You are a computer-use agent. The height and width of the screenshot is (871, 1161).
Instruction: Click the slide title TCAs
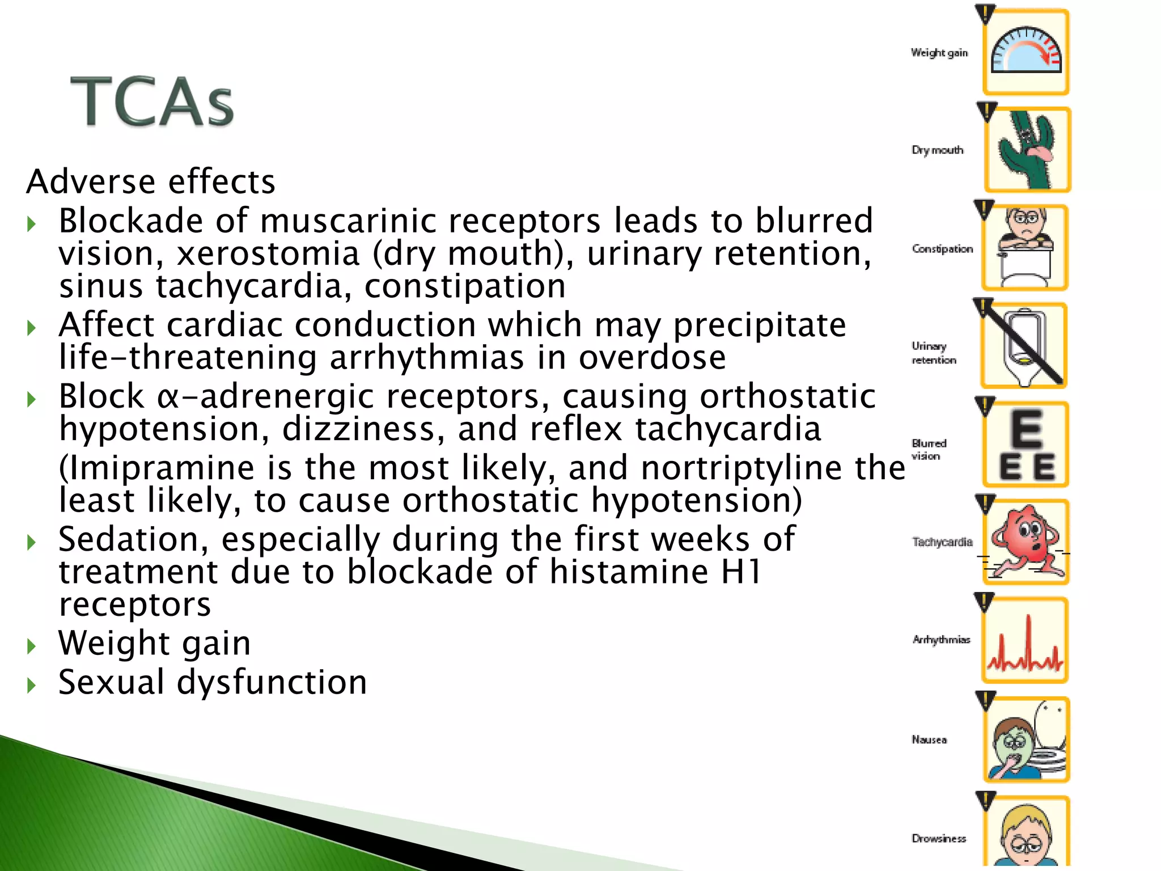click(x=152, y=102)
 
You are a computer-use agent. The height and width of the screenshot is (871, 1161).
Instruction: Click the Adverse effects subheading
click(x=151, y=182)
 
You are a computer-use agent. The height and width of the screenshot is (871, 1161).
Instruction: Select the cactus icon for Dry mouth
click(x=1027, y=150)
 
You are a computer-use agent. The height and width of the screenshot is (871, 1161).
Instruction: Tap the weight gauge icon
click(x=1026, y=52)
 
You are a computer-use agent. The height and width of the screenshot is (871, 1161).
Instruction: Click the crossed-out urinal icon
click(x=1024, y=346)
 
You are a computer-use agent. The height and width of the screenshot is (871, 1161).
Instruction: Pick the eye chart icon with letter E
click(x=1026, y=445)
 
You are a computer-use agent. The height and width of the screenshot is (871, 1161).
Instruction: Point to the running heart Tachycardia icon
click(x=1026, y=542)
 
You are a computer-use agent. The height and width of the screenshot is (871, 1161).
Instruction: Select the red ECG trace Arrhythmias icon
click(x=1025, y=640)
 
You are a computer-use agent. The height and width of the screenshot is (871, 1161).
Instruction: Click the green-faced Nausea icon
click(x=1026, y=739)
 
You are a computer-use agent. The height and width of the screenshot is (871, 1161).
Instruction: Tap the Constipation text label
click(x=942, y=249)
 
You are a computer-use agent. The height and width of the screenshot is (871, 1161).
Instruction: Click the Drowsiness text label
click(x=939, y=838)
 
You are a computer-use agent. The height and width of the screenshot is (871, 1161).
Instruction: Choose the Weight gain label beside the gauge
click(x=939, y=53)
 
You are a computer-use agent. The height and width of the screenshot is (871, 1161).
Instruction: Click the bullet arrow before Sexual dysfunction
click(x=32, y=686)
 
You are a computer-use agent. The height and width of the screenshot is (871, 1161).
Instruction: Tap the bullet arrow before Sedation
click(x=32, y=543)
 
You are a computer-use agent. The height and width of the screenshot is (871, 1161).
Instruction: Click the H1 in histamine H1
click(x=740, y=572)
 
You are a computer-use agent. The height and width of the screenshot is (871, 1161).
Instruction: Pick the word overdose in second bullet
click(x=652, y=358)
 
